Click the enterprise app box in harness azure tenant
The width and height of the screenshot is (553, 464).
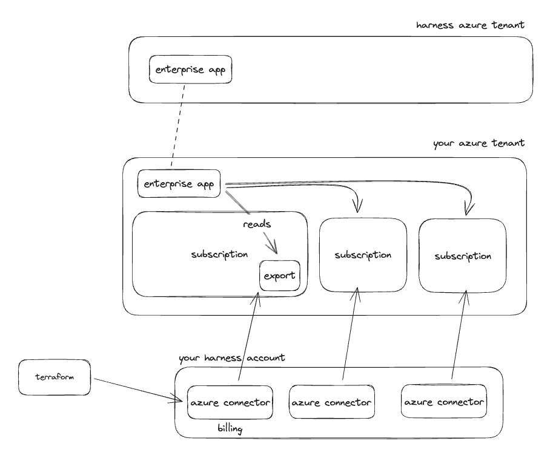point(191,70)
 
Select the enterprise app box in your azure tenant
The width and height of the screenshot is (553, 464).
point(179,184)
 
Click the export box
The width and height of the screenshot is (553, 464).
point(279,276)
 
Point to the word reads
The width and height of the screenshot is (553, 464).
point(257,224)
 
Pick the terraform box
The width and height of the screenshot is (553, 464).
point(55,377)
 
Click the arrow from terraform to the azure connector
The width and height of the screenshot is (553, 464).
point(136,390)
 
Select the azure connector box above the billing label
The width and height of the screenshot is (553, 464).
point(230,402)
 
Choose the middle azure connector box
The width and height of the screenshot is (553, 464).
point(331,402)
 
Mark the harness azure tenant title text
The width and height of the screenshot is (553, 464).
point(470,25)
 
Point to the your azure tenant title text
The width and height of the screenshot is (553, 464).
point(478,145)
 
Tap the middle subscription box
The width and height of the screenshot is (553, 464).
point(362,254)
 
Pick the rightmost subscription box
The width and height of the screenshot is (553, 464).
point(462,256)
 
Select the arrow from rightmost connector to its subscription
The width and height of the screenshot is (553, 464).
point(459,336)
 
